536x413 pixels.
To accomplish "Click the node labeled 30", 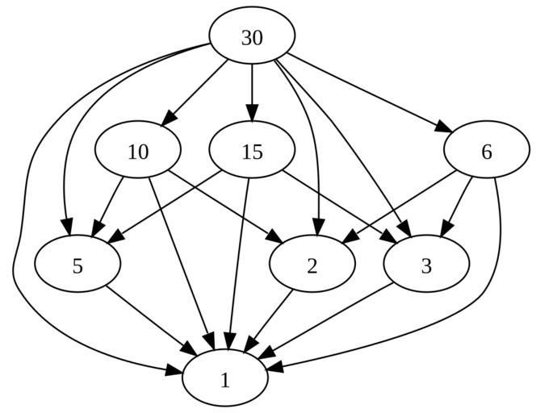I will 252,37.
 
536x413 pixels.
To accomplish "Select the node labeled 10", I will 137,152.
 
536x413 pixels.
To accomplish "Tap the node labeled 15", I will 252,152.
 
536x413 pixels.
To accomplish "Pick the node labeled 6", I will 486,152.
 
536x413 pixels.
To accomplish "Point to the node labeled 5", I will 77,265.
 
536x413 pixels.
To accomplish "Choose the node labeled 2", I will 312,265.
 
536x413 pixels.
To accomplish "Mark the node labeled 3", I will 426,265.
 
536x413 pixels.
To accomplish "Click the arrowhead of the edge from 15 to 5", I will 113,238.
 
